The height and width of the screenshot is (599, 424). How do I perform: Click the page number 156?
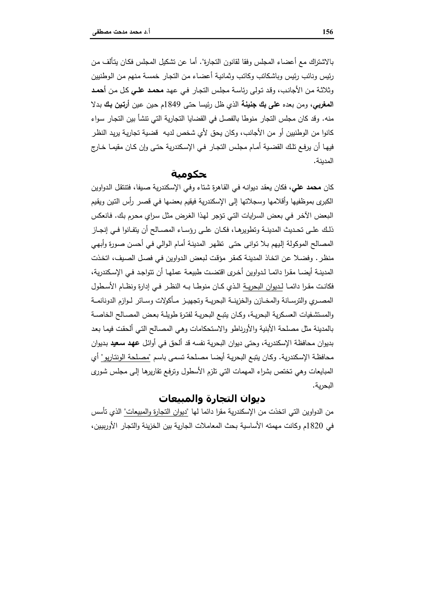tap(328, 32)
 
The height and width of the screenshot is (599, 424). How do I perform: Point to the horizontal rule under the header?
tap(212, 39)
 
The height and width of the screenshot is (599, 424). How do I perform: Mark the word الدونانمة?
tap(104, 301)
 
